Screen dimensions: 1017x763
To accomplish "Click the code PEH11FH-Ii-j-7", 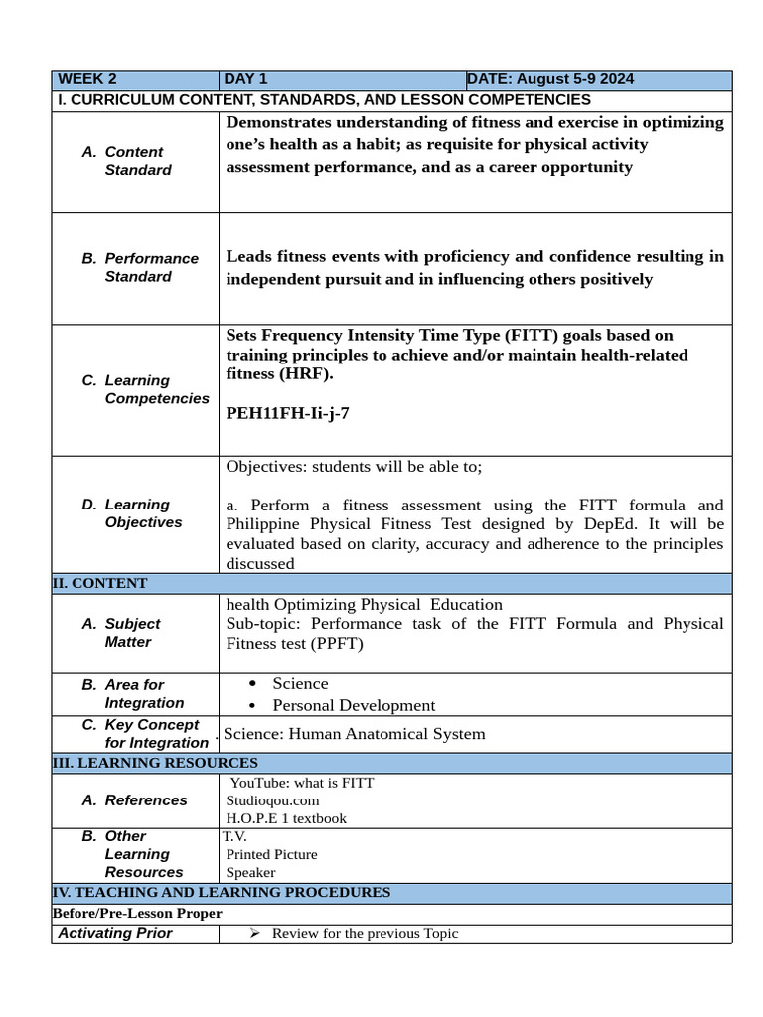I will (287, 413).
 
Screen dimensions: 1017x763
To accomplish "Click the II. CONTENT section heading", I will (99, 583).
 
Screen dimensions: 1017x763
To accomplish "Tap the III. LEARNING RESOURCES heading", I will (154, 763).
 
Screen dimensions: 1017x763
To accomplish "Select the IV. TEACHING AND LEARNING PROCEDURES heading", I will (221, 892).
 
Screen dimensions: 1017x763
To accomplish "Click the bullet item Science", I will (300, 683).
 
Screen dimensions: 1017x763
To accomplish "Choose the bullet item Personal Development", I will (354, 705).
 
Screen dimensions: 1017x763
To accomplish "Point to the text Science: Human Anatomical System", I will (355, 734).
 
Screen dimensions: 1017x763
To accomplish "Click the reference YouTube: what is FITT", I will (302, 783).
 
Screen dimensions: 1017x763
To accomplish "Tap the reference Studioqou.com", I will (272, 800).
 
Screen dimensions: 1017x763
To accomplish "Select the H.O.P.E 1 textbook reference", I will (286, 818).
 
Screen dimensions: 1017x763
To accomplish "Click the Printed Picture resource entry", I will (271, 854).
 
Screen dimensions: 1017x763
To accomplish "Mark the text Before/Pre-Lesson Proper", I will (137, 913).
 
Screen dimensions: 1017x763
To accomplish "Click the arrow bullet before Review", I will (253, 933).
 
